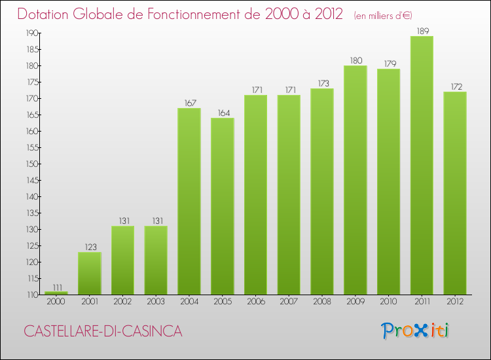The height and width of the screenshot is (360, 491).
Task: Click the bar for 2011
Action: (422, 165)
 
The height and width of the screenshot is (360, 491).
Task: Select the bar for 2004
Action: (189, 201)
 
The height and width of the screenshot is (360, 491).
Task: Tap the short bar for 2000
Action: (56, 293)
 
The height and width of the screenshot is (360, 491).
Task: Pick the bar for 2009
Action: (355, 180)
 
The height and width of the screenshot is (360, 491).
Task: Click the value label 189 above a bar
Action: (422, 30)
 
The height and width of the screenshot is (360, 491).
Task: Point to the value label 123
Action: (90, 247)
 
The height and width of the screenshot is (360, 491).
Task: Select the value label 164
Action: (222, 113)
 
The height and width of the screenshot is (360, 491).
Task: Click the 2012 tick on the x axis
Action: (455, 302)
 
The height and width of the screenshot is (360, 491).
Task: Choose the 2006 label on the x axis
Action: (255, 302)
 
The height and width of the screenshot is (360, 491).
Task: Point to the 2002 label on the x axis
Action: (122, 302)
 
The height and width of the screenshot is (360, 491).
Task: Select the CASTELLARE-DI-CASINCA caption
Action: (103, 331)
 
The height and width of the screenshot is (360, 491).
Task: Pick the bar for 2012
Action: (455, 193)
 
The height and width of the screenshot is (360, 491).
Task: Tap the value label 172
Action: (455, 86)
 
